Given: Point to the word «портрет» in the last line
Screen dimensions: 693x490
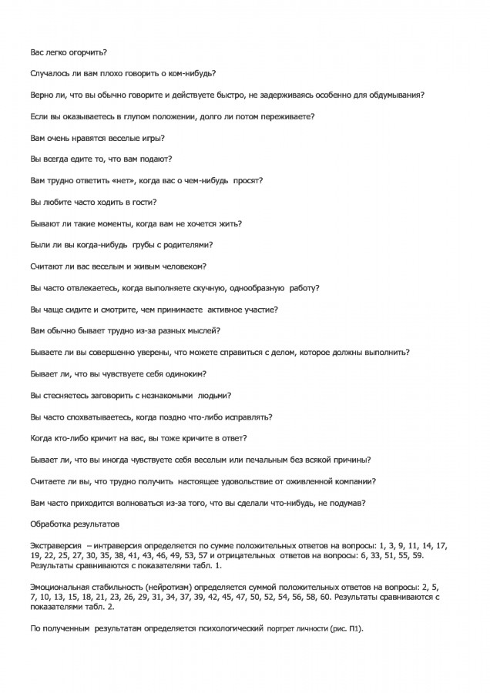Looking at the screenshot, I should coord(282,629).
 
